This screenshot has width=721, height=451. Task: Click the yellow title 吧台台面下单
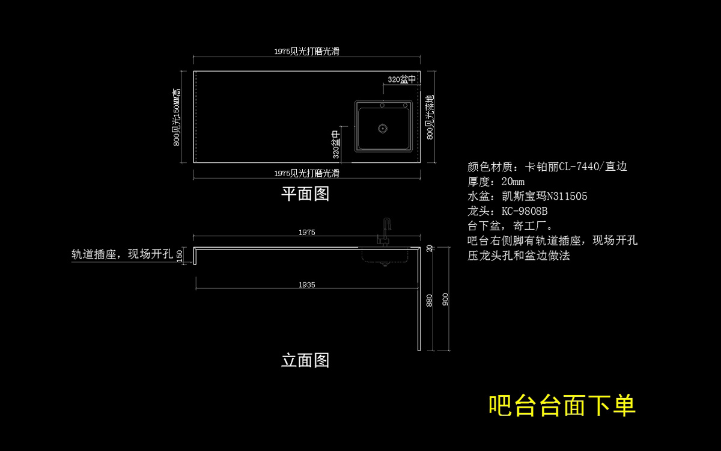[562, 406]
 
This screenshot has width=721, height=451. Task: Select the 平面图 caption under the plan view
[305, 194]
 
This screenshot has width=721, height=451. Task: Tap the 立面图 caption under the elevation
[305, 360]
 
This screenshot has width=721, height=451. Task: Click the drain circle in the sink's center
[382, 128]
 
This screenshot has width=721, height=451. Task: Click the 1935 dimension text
[306, 285]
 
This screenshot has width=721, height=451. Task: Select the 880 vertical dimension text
[429, 300]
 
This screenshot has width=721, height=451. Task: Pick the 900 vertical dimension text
[445, 299]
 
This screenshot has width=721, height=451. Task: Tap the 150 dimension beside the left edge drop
[180, 256]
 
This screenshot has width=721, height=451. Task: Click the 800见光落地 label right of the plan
[430, 117]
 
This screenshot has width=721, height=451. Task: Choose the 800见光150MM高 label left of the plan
[177, 117]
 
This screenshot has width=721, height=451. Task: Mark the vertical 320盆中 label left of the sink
[336, 144]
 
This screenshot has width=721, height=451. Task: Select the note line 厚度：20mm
[496, 182]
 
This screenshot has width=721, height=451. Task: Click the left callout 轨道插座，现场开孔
[122, 254]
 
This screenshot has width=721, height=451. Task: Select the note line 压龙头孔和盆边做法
[519, 256]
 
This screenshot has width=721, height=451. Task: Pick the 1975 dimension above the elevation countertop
[306, 232]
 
